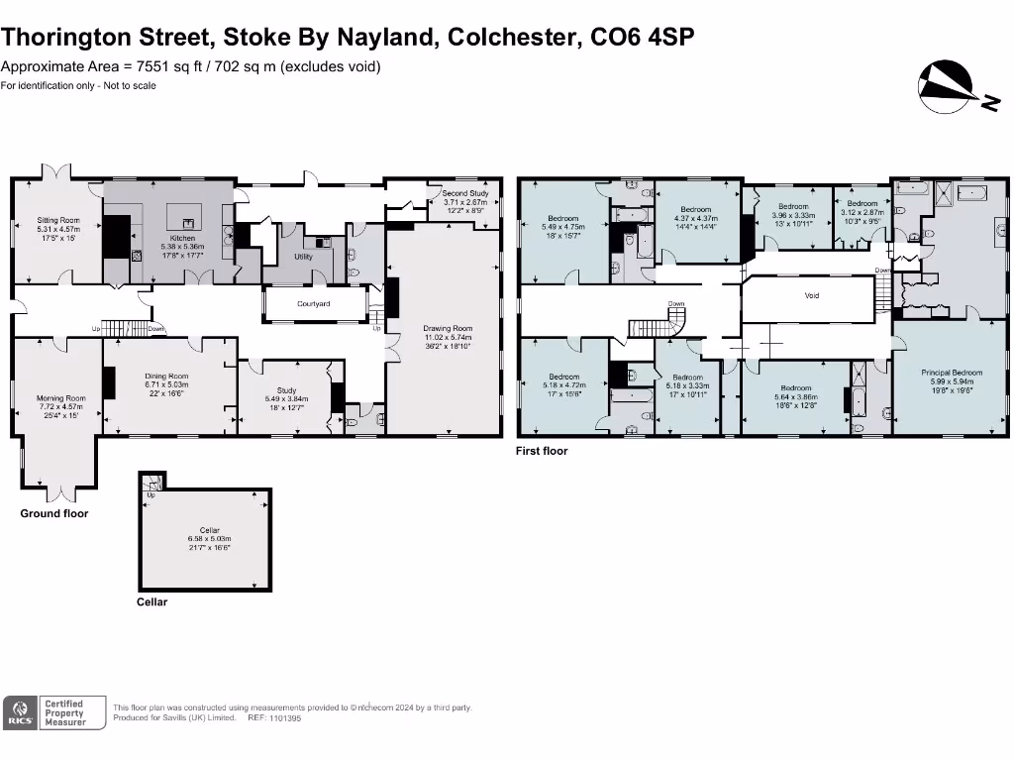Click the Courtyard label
pos(314,304)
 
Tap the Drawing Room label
pos(448,328)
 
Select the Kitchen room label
pos(182,239)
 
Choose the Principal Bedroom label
pos(952,373)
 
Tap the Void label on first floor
pos(811,295)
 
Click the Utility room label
pos(304,257)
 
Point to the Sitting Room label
pos(58,220)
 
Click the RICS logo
pos(20,713)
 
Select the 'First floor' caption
pos(543,451)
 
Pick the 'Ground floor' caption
pos(54,513)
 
